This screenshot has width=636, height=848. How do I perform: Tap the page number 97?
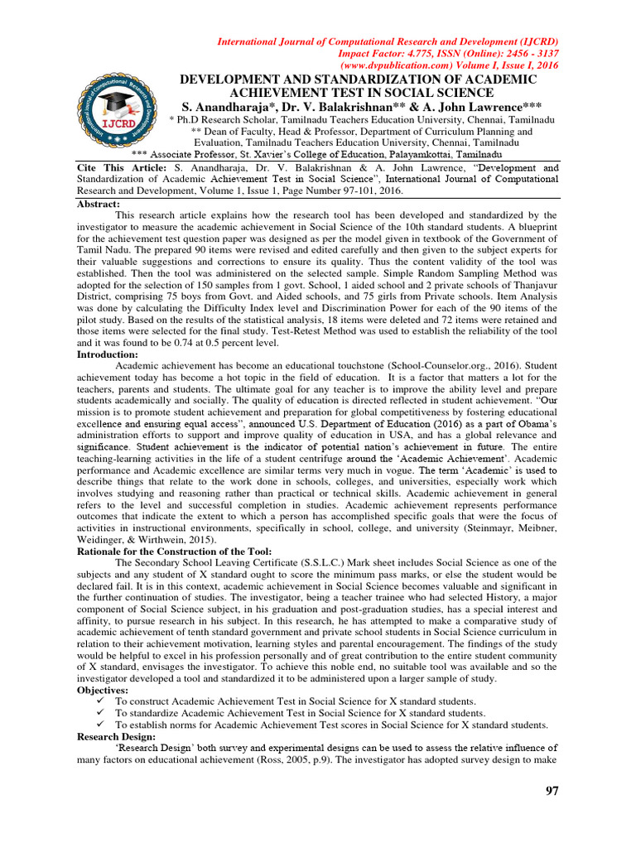coord(552,792)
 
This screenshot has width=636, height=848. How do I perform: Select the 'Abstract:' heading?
coord(99,204)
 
